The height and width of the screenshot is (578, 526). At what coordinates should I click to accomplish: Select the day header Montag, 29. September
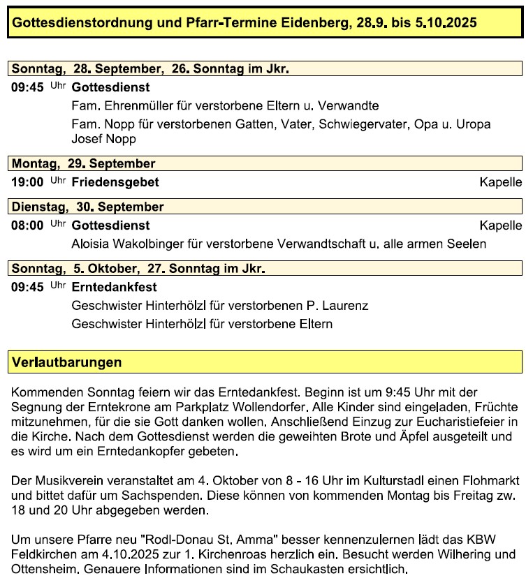tap(83, 163)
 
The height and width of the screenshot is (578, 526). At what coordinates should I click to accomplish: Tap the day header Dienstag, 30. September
tap(87, 207)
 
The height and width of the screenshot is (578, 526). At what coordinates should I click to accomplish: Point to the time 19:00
tap(28, 182)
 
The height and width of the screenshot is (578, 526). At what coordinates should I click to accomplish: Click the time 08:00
tap(28, 225)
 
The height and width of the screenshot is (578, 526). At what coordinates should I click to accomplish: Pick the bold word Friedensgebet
tap(115, 182)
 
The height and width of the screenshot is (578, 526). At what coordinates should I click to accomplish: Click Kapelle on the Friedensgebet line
tap(500, 182)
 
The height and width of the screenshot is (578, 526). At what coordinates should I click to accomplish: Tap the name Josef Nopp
tap(104, 138)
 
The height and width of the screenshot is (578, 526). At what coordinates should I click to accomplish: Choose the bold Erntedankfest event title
tap(114, 287)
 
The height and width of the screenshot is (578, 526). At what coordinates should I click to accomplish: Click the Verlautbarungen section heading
tap(67, 362)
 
